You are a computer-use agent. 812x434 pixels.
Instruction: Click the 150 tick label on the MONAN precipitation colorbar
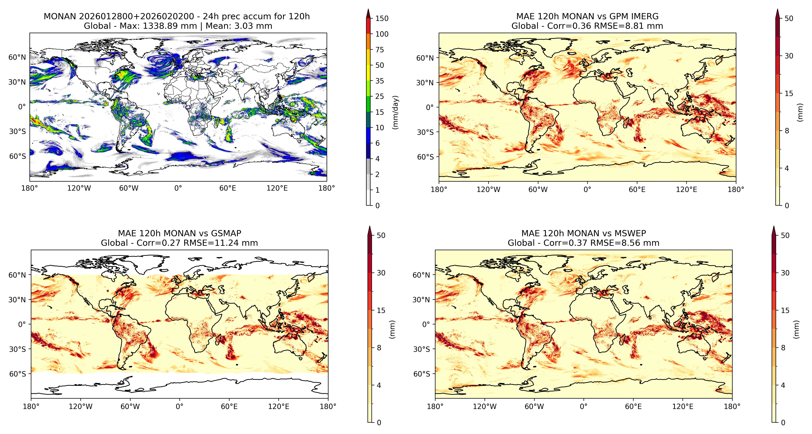click(382, 18)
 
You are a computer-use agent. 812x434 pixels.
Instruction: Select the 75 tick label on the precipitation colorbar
click(380, 50)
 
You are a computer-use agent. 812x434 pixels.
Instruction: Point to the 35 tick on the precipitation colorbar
click(380, 81)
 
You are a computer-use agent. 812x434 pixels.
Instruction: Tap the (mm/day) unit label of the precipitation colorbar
click(395, 112)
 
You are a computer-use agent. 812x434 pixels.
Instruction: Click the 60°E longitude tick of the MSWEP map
click(633, 406)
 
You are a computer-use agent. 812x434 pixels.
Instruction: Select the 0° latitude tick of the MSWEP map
click(426, 324)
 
